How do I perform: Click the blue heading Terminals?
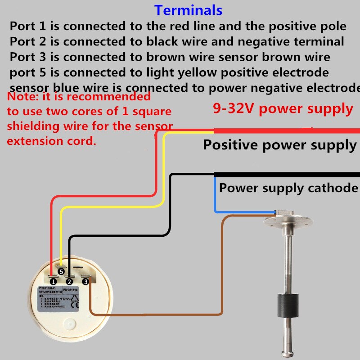(188, 9)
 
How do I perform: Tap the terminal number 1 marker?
(54, 281)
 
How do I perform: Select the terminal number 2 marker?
(69, 281)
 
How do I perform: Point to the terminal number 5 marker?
(61, 271)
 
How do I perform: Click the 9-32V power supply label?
(282, 108)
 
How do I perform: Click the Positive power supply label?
(279, 145)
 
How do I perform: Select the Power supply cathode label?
(288, 187)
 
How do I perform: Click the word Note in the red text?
(21, 97)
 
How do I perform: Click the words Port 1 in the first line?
(28, 26)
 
